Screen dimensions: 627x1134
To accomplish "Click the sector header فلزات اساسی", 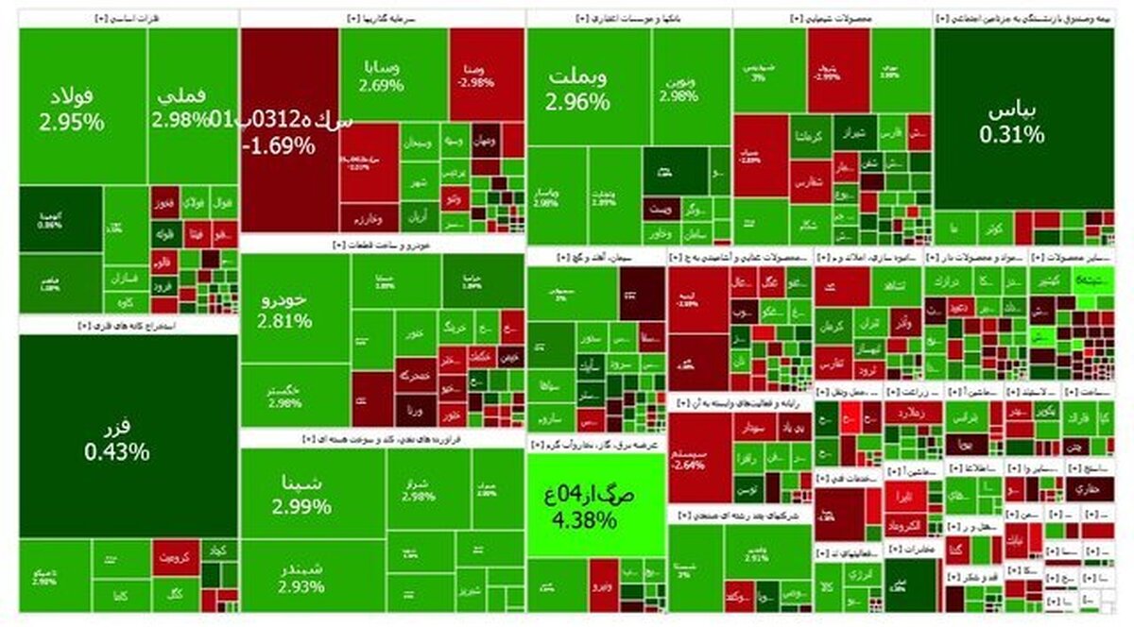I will pyautogui.click(x=128, y=17).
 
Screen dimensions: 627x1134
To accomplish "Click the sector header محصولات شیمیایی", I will pyautogui.click(x=832, y=17).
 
